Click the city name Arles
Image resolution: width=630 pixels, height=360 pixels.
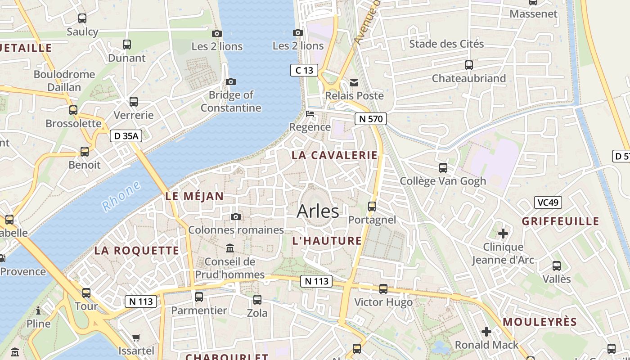(x=318, y=211)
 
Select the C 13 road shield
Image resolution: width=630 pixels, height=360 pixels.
(x=304, y=70)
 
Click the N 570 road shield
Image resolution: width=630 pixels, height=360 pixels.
(x=370, y=119)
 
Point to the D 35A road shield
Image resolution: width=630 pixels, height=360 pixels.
(x=126, y=136)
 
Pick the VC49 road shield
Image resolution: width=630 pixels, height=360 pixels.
(x=548, y=202)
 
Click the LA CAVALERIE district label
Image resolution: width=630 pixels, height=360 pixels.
(x=334, y=155)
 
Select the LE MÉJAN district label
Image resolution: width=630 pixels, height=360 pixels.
(x=194, y=196)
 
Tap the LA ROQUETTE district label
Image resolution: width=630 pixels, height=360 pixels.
(x=136, y=251)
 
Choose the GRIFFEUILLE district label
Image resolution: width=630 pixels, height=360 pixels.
(x=560, y=221)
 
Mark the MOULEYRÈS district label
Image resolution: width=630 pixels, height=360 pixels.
(x=540, y=322)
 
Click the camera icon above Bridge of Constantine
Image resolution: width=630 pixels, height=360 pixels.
(x=230, y=81)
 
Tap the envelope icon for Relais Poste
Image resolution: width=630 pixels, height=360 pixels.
(x=355, y=82)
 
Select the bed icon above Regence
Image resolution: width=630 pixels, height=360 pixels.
(x=310, y=113)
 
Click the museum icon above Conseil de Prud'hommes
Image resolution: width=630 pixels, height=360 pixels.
(x=230, y=248)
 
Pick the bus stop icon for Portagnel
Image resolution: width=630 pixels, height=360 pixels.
(x=372, y=207)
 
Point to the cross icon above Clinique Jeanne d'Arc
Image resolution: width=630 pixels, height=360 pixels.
(x=503, y=234)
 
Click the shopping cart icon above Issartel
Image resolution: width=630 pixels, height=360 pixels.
(x=136, y=337)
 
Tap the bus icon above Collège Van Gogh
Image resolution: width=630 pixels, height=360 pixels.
(x=443, y=168)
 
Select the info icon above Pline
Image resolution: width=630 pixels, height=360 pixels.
(x=38, y=310)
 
